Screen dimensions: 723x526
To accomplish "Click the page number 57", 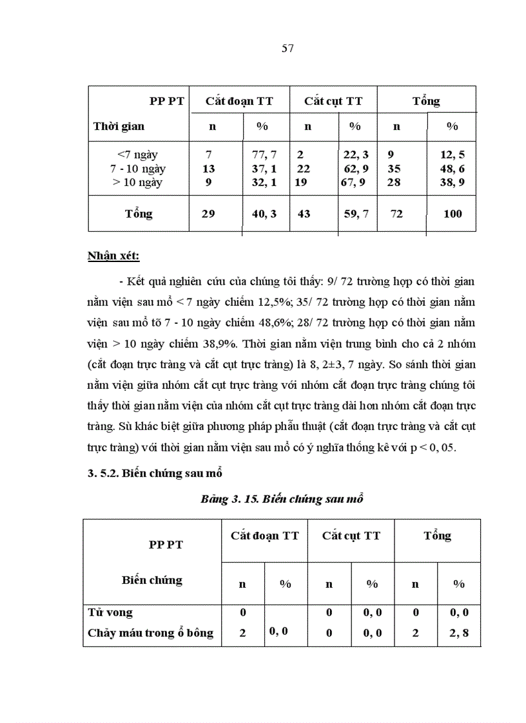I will [x=288, y=49].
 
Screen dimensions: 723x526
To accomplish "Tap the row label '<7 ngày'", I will [x=137, y=155].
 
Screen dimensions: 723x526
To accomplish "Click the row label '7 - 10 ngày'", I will [x=138, y=169].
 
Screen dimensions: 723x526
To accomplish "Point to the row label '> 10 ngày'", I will [x=137, y=182].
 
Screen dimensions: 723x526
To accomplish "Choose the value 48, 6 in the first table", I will [x=452, y=169].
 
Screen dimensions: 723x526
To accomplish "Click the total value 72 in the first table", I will [x=397, y=214].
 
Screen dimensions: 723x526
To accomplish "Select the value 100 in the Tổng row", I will [x=453, y=214].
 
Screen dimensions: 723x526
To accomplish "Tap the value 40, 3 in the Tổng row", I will [x=264, y=214].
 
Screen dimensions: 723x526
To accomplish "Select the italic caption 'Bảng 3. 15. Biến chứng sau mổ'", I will [x=282, y=500].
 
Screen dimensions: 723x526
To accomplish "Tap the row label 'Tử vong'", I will [x=110, y=613].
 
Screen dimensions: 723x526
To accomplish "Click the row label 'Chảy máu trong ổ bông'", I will [x=150, y=633].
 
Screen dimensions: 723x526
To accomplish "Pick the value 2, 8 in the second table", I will [x=458, y=633].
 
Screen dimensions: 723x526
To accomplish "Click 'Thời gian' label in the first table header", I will [x=119, y=126].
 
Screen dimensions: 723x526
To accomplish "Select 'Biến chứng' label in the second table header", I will [x=152, y=580].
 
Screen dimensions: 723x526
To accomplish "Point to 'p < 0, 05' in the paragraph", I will [x=434, y=449].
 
